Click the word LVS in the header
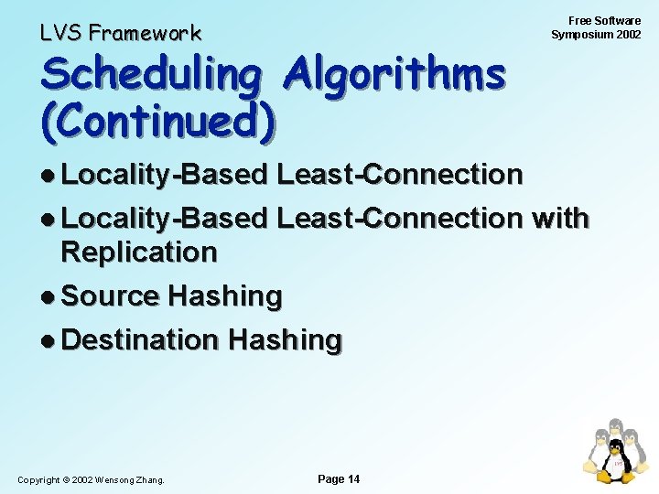(60, 34)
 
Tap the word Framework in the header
(145, 34)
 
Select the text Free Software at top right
(604, 20)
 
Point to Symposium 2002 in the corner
(596, 35)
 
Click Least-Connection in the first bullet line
(399, 174)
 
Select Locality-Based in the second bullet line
(164, 218)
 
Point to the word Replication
(139, 252)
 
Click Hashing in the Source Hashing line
(225, 295)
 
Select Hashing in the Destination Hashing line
(285, 339)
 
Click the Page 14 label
(338, 478)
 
